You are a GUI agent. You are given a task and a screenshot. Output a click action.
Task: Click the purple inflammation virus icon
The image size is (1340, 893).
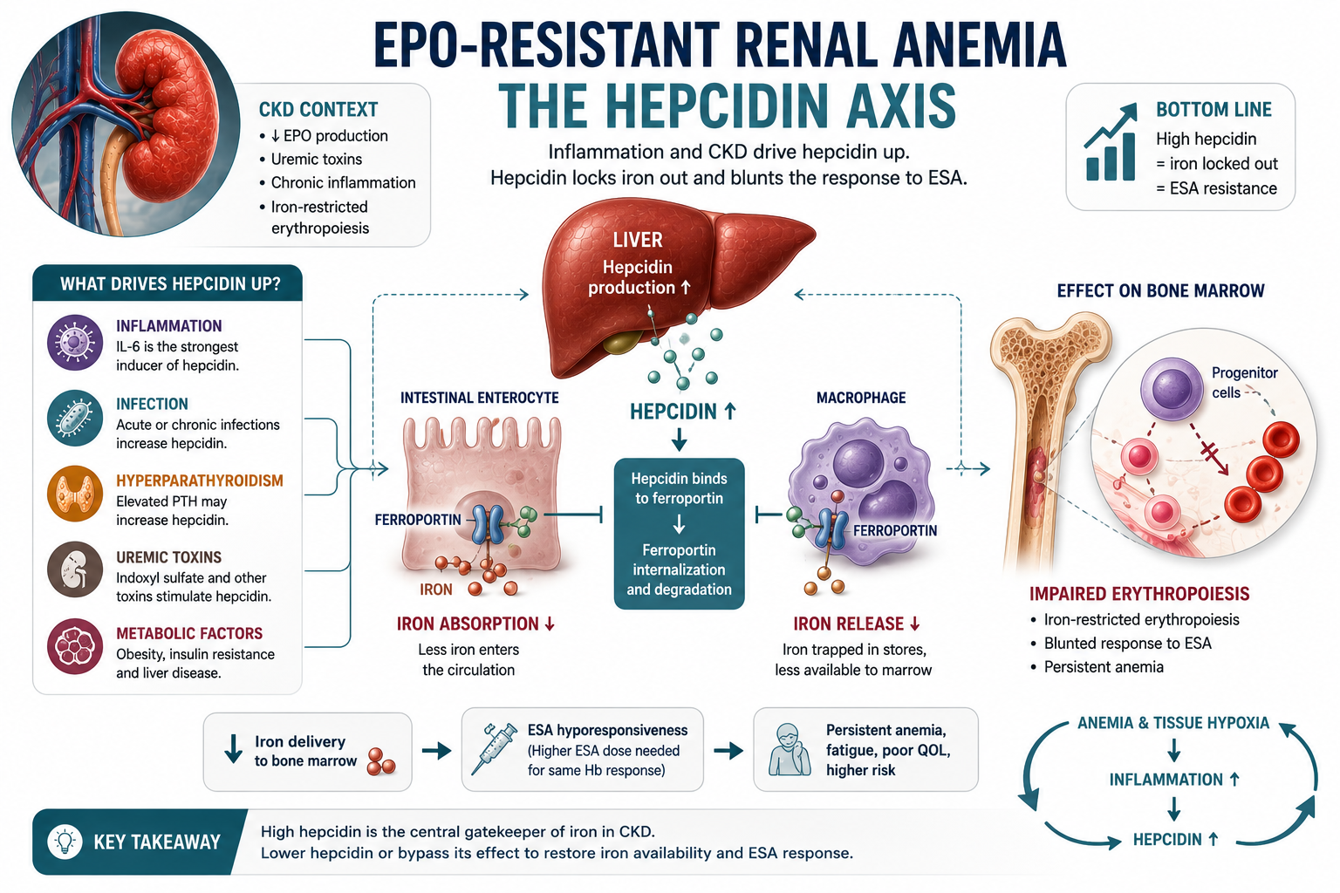click(x=75, y=343)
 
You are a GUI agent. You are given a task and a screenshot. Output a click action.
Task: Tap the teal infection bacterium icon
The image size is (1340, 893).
click(x=75, y=418)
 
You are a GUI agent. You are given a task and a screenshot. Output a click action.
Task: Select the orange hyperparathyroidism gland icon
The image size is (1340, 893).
click(x=75, y=494)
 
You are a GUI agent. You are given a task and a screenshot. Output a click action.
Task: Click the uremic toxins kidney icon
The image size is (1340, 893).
click(x=75, y=570)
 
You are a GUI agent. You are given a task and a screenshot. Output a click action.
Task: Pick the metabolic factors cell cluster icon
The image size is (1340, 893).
click(x=75, y=646)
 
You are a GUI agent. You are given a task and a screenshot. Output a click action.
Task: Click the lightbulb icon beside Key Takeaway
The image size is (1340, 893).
click(x=65, y=842)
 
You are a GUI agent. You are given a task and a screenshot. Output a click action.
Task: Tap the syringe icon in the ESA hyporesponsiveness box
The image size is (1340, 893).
click(x=494, y=749)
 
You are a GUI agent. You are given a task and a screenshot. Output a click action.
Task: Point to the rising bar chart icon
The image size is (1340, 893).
click(x=1111, y=142)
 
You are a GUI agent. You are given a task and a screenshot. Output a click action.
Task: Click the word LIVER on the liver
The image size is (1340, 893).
click(x=638, y=240)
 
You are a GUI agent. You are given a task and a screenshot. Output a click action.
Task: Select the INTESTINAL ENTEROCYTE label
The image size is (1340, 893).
click(x=479, y=398)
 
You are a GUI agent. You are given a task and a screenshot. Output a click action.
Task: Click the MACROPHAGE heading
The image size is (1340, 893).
click(x=861, y=398)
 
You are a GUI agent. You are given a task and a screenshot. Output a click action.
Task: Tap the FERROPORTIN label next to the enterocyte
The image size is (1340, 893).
click(x=418, y=520)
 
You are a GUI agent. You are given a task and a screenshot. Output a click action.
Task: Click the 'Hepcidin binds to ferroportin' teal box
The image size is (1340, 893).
click(x=679, y=534)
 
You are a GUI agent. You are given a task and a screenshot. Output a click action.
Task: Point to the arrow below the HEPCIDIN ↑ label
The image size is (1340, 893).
click(x=679, y=441)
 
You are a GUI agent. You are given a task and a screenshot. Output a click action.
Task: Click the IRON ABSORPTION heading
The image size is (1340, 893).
click(x=475, y=624)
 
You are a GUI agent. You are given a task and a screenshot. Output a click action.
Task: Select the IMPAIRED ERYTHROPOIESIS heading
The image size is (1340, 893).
click(x=1139, y=594)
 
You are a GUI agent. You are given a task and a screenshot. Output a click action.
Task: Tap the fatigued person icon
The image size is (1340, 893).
click(x=790, y=749)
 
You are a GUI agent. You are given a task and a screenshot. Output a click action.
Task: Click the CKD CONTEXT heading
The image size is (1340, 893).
click(x=318, y=110)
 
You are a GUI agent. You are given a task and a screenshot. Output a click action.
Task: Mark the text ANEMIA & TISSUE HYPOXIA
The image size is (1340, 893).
click(x=1173, y=723)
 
